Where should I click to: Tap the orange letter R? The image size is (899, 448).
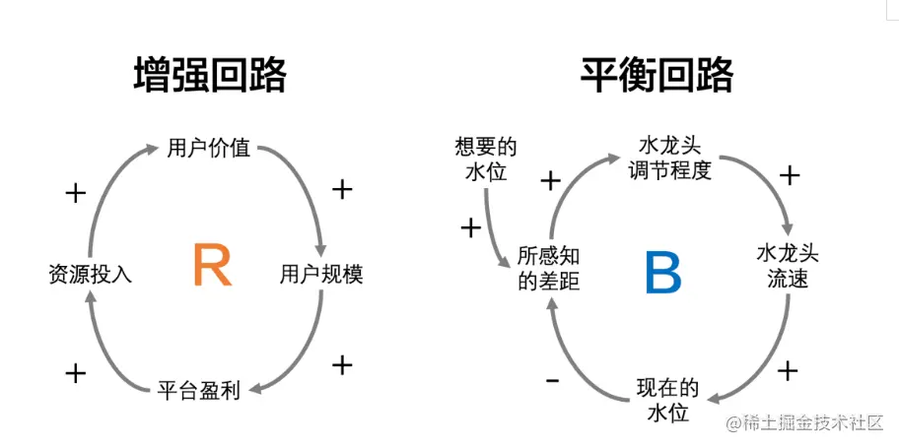(x=212, y=266)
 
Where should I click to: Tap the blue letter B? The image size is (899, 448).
(x=663, y=273)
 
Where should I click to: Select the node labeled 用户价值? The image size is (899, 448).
(x=209, y=150)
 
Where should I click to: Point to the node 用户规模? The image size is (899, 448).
(x=321, y=275)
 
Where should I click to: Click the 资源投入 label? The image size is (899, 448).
(x=90, y=275)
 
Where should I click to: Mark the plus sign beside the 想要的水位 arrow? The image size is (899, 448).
(x=471, y=228)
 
